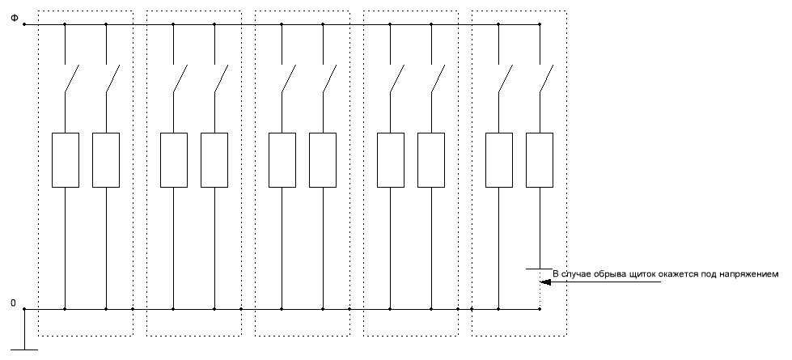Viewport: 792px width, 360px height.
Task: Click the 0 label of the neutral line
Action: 13,303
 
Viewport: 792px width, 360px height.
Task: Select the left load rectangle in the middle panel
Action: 282,160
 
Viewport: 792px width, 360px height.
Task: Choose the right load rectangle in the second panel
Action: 214,160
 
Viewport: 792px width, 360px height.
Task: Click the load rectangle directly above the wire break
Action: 539,160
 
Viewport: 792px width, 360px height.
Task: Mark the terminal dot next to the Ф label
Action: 25,24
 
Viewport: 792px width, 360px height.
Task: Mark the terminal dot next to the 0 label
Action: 25,309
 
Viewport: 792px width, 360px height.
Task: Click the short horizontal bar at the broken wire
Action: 539,268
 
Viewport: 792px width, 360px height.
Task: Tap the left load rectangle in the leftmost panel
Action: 65,160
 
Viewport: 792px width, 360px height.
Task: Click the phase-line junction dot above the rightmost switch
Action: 540,24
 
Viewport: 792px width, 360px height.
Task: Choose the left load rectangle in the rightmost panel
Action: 498,160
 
